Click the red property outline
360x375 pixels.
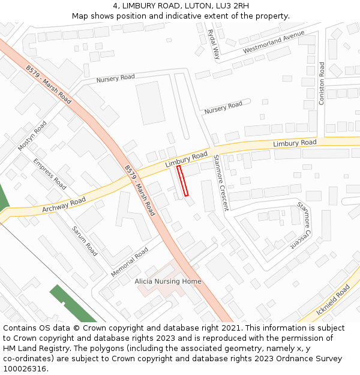point(182,181)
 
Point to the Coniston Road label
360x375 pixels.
point(322,83)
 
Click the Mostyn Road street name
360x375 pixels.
point(32,136)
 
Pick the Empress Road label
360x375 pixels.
point(49,173)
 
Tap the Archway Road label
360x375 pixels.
point(64,205)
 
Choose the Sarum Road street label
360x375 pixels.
point(85,241)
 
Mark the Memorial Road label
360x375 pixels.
point(130,262)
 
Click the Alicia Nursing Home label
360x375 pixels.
point(168,281)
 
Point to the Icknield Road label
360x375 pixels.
point(333,300)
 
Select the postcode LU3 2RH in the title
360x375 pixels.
point(233,6)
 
